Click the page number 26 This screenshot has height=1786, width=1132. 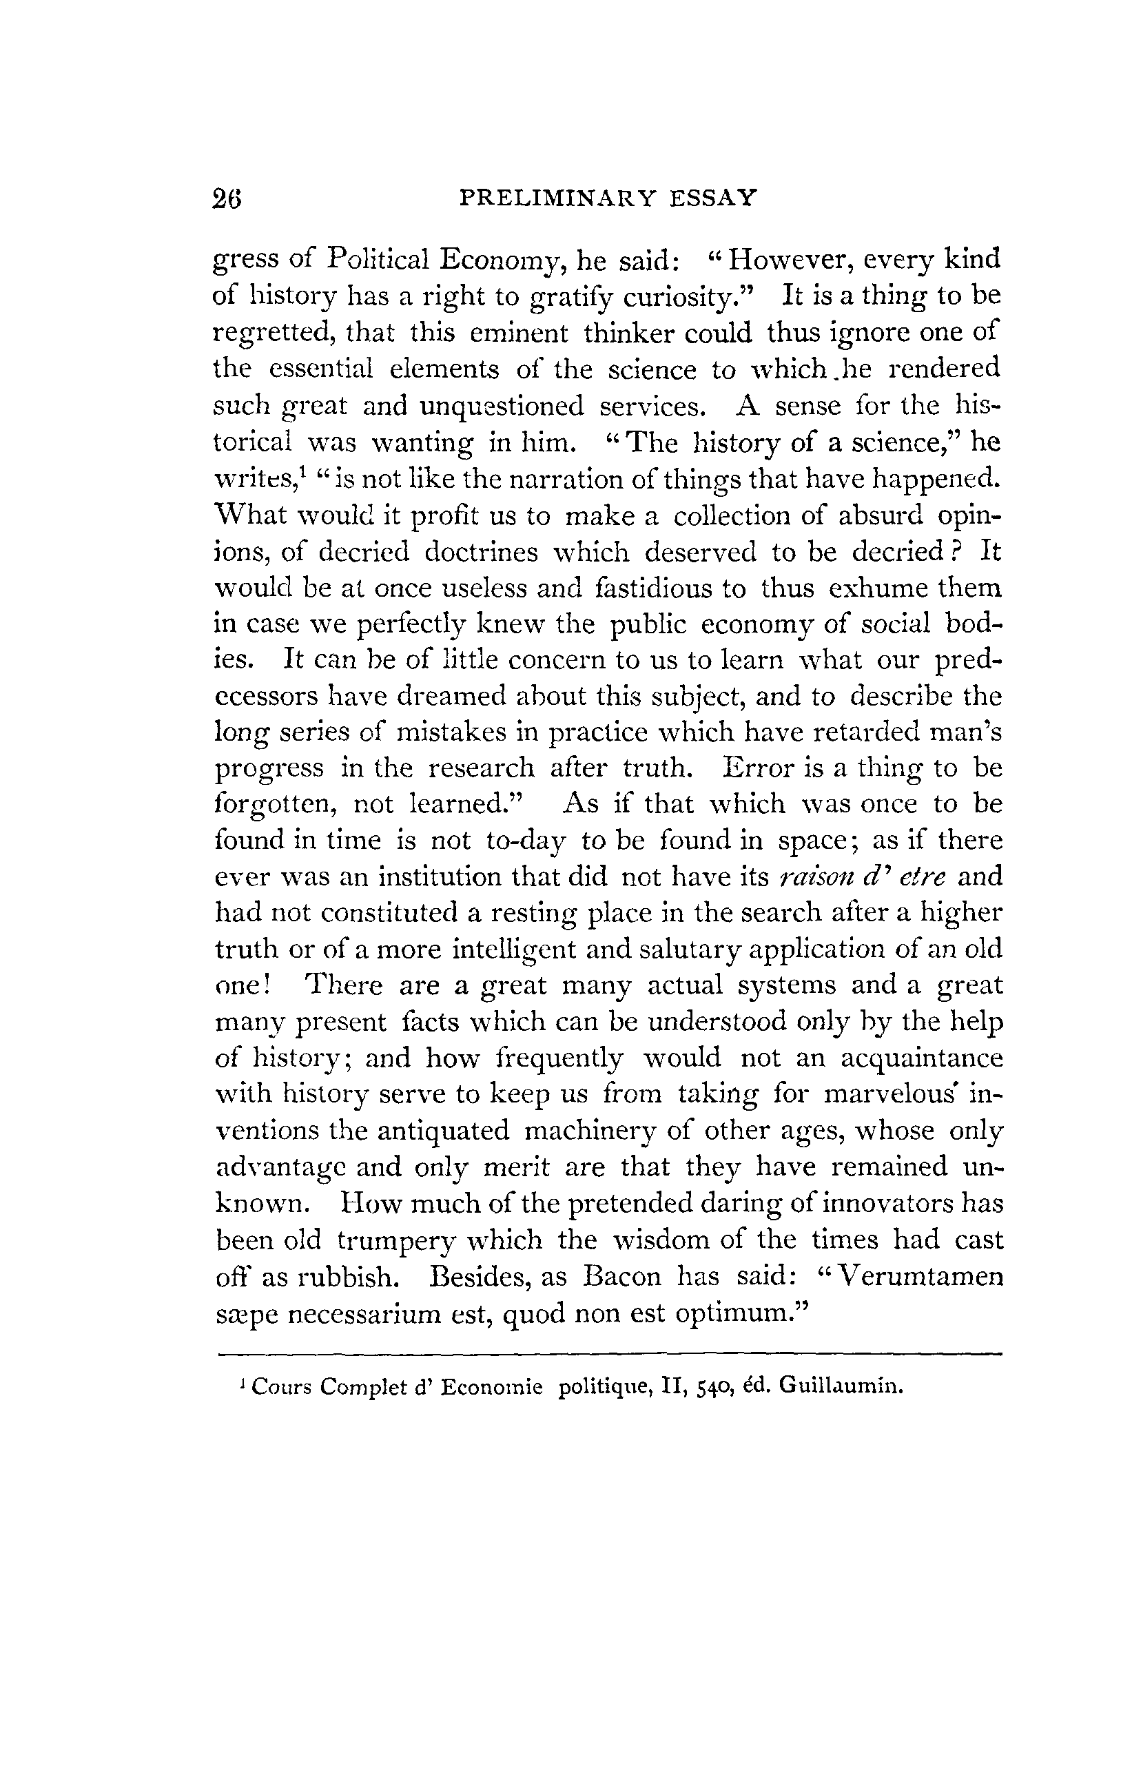pyautogui.click(x=227, y=198)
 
